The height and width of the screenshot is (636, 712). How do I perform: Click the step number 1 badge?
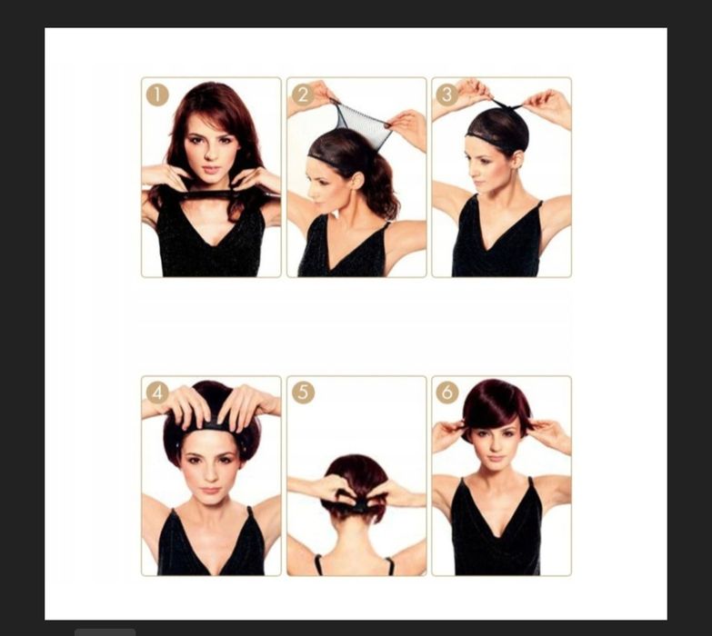pos(157,95)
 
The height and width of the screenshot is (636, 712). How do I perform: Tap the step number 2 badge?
pos(303,95)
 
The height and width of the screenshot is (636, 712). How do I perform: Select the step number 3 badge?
pos(447,94)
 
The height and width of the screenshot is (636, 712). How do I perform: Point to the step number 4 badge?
pos(157,393)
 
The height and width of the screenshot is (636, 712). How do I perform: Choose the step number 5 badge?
pos(303,393)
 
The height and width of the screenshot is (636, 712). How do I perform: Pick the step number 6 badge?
pos(447,392)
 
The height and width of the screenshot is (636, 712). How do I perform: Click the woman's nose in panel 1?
pos(210,154)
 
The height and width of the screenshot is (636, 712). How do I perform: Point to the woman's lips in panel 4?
pos(210,491)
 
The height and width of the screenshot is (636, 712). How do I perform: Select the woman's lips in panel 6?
pos(495,458)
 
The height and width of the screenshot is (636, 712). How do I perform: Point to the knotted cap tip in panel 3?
pos(507,107)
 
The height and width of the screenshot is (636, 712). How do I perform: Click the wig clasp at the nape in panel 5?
pos(356,505)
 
